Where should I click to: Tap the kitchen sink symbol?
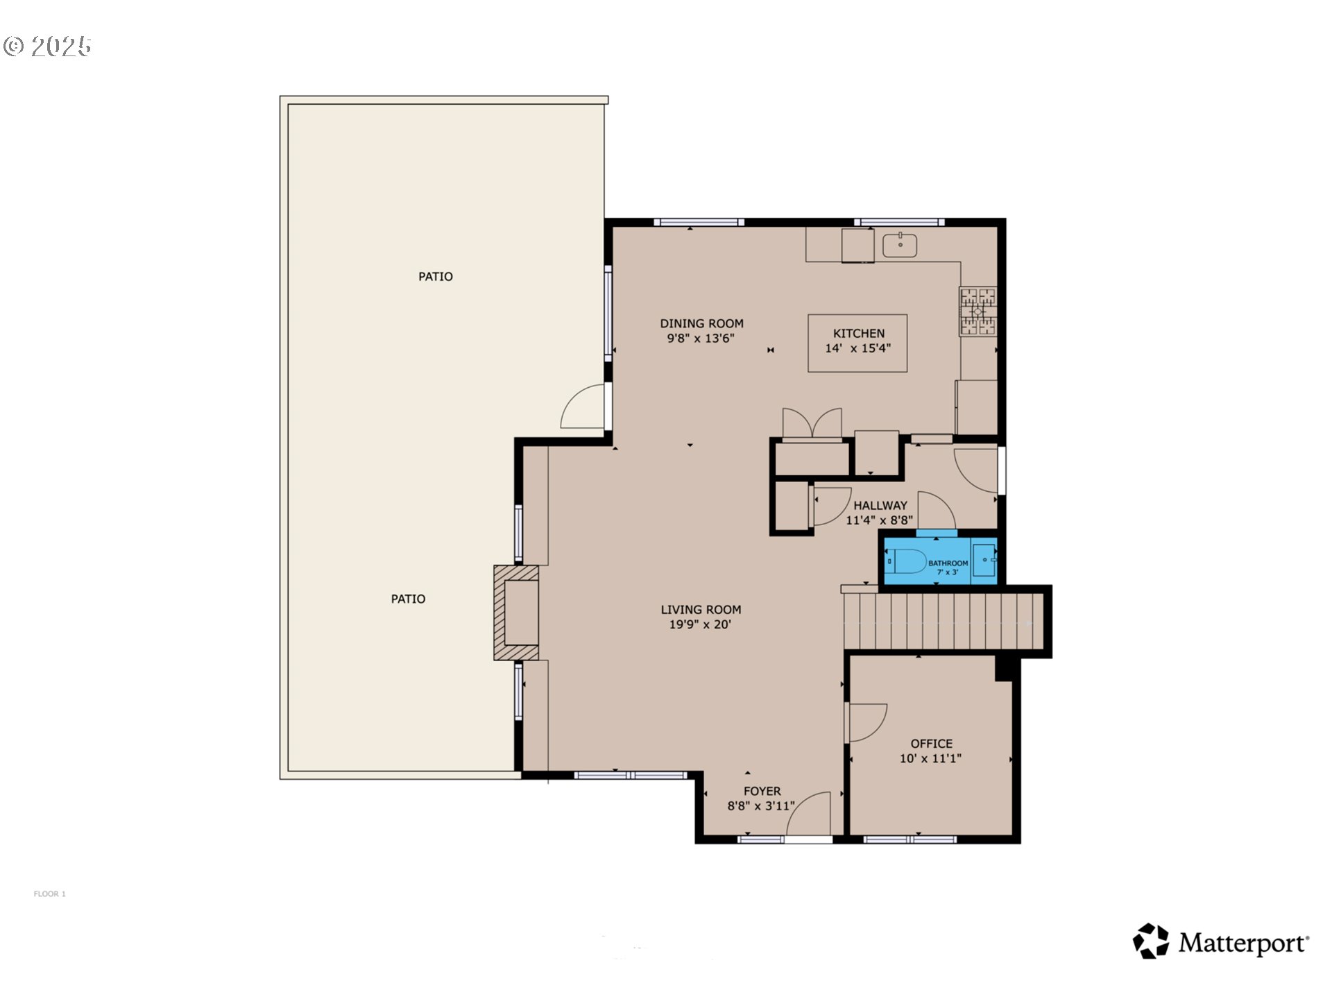tap(900, 245)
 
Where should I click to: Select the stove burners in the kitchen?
tap(978, 311)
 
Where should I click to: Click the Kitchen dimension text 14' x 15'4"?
tap(857, 348)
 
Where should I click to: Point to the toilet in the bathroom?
tap(908, 561)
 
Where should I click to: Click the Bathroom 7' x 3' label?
tap(948, 567)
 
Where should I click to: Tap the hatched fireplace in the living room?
tap(516, 613)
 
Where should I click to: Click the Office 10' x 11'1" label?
tap(931, 751)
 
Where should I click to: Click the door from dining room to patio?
tap(584, 408)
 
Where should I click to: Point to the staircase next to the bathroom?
tap(943, 620)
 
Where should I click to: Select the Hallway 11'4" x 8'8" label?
tap(880, 513)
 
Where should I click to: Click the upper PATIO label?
tap(435, 276)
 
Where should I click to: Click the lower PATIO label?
tap(408, 599)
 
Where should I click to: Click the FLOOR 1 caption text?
tap(49, 894)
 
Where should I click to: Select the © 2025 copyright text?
tap(47, 46)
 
